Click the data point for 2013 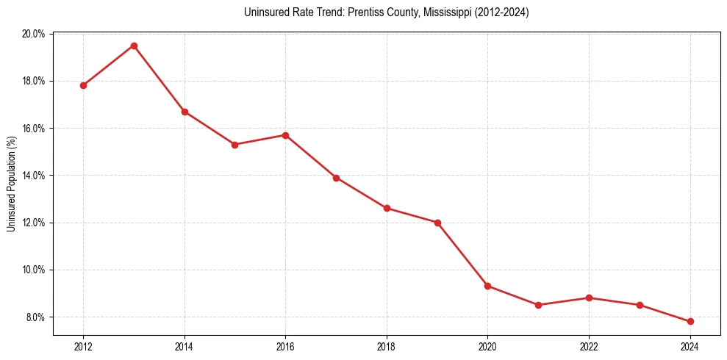pyautogui.click(x=134, y=46)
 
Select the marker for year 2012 pyautogui.click(x=83, y=85)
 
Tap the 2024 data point pyautogui.click(x=690, y=321)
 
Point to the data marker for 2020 pyautogui.click(x=488, y=286)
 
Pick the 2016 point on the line pyautogui.click(x=285, y=135)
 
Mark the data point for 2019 pyautogui.click(x=437, y=223)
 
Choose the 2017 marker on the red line pyautogui.click(x=336, y=178)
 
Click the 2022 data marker pyautogui.click(x=589, y=298)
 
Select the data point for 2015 pyautogui.click(x=234, y=145)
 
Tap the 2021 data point pyautogui.click(x=539, y=305)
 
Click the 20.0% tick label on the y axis pyautogui.click(x=34, y=34)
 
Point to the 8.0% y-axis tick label pyautogui.click(x=36, y=317)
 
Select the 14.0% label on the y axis pyautogui.click(x=34, y=176)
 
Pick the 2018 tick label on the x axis pyautogui.click(x=387, y=347)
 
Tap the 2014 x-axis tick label pyautogui.click(x=185, y=347)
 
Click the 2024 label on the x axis pyautogui.click(x=690, y=347)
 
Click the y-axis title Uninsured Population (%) pyautogui.click(x=11, y=183)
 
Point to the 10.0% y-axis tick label pyautogui.click(x=34, y=270)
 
